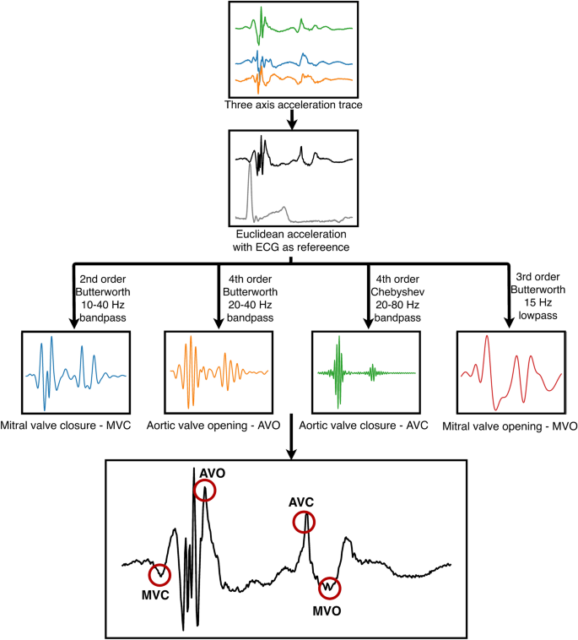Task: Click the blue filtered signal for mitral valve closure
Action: tap(73, 372)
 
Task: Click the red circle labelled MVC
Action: tap(159, 574)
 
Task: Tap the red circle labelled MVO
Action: tap(330, 585)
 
